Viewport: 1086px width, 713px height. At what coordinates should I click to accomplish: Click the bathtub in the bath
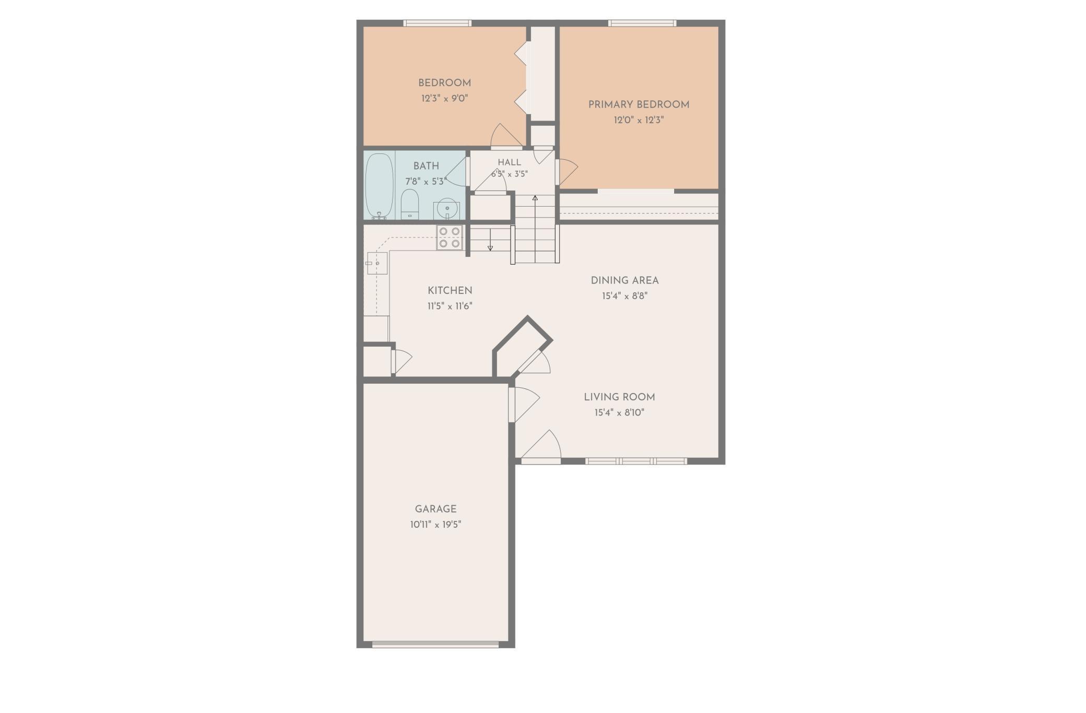(379, 185)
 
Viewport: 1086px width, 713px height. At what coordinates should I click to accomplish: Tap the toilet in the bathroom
(410, 204)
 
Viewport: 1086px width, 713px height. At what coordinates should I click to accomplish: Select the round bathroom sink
(447, 210)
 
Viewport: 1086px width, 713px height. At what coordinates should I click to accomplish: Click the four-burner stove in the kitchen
(450, 237)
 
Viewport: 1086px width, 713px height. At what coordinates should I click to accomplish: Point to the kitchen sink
(376, 263)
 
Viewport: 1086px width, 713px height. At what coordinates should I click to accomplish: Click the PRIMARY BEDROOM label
(639, 104)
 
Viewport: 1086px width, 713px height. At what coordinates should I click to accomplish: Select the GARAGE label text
(435, 509)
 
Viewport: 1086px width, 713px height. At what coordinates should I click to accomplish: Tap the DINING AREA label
(624, 280)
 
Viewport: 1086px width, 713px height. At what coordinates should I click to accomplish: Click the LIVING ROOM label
(619, 397)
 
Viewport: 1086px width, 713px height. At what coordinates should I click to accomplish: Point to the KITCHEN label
(450, 291)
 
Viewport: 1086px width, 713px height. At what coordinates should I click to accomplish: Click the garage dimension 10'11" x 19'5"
(435, 525)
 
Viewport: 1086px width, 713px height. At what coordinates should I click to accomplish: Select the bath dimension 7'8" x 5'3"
(426, 182)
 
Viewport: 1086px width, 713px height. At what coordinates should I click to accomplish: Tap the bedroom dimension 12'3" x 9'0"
(444, 98)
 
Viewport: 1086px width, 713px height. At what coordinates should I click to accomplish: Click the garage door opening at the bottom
(435, 644)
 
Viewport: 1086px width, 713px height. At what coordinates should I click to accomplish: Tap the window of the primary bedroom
(642, 23)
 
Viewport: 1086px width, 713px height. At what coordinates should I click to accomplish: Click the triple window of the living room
(636, 461)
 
